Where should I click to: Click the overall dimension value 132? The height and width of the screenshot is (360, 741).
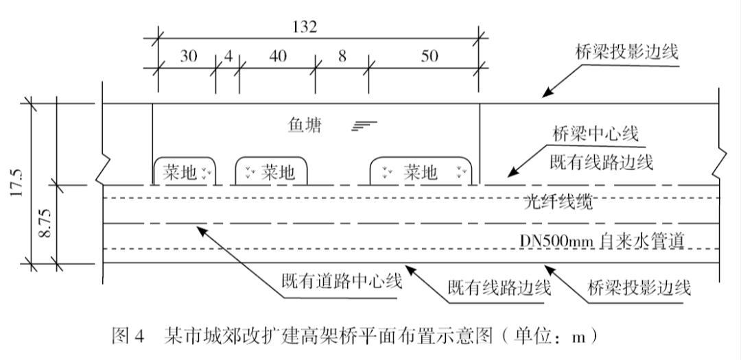pos(304,27)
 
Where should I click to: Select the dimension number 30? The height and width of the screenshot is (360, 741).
pos(187,56)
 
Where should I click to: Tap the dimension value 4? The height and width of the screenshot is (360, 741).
pos(228,56)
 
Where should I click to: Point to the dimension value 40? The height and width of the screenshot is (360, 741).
pos(277,56)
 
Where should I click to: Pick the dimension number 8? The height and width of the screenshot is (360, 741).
pos(342,56)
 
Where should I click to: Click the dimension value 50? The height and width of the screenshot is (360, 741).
pos(429,56)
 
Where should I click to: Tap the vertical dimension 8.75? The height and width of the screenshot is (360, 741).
pos(45,224)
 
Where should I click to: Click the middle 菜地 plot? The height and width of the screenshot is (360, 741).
pos(271,172)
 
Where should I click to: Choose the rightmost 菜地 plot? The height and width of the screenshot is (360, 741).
pos(421,172)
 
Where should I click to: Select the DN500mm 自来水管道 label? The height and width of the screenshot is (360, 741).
pos(602,241)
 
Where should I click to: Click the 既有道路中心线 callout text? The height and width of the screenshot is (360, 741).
pos(341,281)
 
